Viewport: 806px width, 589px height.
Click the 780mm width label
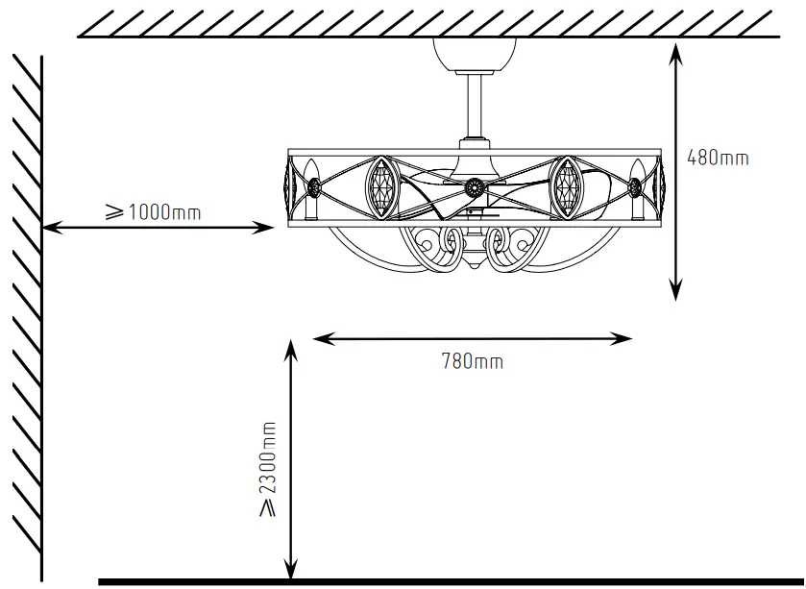click(472, 362)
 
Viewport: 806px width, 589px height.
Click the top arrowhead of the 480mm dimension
click(676, 52)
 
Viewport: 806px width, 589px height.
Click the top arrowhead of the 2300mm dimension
click(289, 347)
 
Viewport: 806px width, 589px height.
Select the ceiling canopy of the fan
click(475, 52)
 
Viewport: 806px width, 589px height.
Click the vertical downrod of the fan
click(475, 106)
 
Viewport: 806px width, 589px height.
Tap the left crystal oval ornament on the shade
click(380, 186)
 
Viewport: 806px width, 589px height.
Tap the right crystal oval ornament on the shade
click(567, 186)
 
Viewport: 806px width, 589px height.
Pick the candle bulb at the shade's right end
click(635, 188)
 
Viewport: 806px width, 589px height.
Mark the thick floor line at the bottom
click(452, 581)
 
